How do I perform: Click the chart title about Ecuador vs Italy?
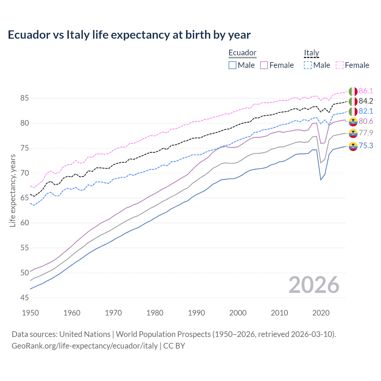pyautogui.click(x=129, y=35)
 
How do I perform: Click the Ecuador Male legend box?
pyautogui.click(x=232, y=65)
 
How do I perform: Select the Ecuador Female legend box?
pyautogui.click(x=264, y=65)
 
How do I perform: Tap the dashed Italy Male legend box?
pyautogui.click(x=308, y=65)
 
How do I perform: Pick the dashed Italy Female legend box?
pyautogui.click(x=340, y=65)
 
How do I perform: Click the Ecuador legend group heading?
pyautogui.click(x=242, y=53)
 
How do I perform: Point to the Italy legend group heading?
pyautogui.click(x=311, y=53)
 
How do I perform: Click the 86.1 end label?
pyautogui.click(x=366, y=91)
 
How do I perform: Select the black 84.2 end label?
pyautogui.click(x=366, y=101)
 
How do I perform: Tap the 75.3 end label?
pyautogui.click(x=366, y=146)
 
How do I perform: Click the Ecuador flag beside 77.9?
pyautogui.click(x=353, y=133)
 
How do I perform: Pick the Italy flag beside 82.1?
pyautogui.click(x=353, y=111)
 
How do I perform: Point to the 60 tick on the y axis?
pyautogui.click(x=24, y=223)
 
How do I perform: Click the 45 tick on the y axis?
pyautogui.click(x=24, y=298)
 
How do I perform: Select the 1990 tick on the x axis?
pyautogui.click(x=196, y=313)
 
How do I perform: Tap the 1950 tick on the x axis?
pyautogui.click(x=30, y=313)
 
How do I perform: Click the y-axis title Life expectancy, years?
pyautogui.click(x=13, y=190)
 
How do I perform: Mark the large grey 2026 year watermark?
pyautogui.click(x=314, y=285)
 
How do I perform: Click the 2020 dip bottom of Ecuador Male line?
pyautogui.click(x=321, y=180)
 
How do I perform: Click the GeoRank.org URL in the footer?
pyautogui.click(x=85, y=346)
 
